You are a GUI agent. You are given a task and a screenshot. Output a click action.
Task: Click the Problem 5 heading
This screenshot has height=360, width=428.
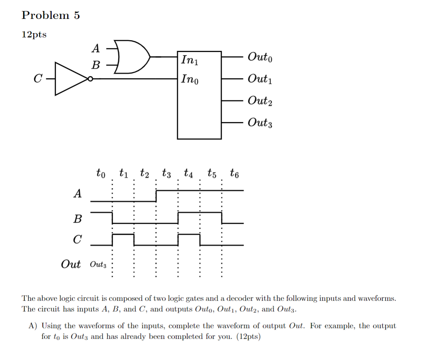point(51,15)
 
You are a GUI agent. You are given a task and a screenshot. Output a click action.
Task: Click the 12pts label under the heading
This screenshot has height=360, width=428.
point(34,35)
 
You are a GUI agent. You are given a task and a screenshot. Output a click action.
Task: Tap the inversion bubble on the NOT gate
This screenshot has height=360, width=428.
point(90,79)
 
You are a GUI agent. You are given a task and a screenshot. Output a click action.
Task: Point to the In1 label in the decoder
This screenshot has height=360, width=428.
point(190,59)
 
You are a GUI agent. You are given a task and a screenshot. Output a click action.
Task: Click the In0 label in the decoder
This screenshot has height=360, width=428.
point(190,79)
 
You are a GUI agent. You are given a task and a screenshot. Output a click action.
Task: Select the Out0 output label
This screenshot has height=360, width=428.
point(260,57)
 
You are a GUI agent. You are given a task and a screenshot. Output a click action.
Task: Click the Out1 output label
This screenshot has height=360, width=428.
point(260,79)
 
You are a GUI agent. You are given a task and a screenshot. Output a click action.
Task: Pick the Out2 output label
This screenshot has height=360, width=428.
point(260,101)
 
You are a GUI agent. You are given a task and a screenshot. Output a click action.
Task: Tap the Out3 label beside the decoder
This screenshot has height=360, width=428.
point(260,123)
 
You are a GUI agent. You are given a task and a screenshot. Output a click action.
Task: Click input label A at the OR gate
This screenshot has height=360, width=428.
point(96,48)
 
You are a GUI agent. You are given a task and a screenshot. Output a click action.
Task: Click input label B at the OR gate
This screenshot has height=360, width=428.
point(96,65)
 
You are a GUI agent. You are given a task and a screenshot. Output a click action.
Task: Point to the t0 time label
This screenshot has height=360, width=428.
point(101,173)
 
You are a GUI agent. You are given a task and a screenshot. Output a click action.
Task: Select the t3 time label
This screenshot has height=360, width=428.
point(166,173)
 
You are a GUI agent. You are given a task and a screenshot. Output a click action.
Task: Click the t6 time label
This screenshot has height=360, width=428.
point(234,173)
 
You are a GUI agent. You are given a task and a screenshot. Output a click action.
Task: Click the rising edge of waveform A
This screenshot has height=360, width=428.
point(156,196)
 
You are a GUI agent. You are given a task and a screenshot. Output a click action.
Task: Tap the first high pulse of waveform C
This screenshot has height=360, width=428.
point(123,234)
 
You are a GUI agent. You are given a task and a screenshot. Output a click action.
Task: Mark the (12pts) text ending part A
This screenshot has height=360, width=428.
point(248,337)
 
